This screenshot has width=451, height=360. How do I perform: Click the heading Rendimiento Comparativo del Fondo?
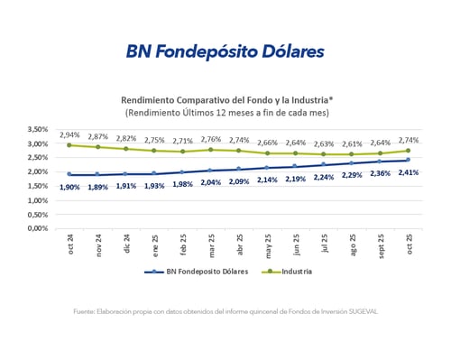(225, 100)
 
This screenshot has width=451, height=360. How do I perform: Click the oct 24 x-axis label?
(69, 244)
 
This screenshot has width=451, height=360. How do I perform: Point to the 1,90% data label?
(69, 186)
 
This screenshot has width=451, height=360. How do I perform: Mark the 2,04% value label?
(211, 181)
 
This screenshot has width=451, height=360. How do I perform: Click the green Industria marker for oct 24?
(69, 145)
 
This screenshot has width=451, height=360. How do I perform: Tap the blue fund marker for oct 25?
(408, 160)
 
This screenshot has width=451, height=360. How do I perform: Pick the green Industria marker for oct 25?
(408, 151)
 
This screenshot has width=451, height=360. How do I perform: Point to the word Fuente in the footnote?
(86, 312)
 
